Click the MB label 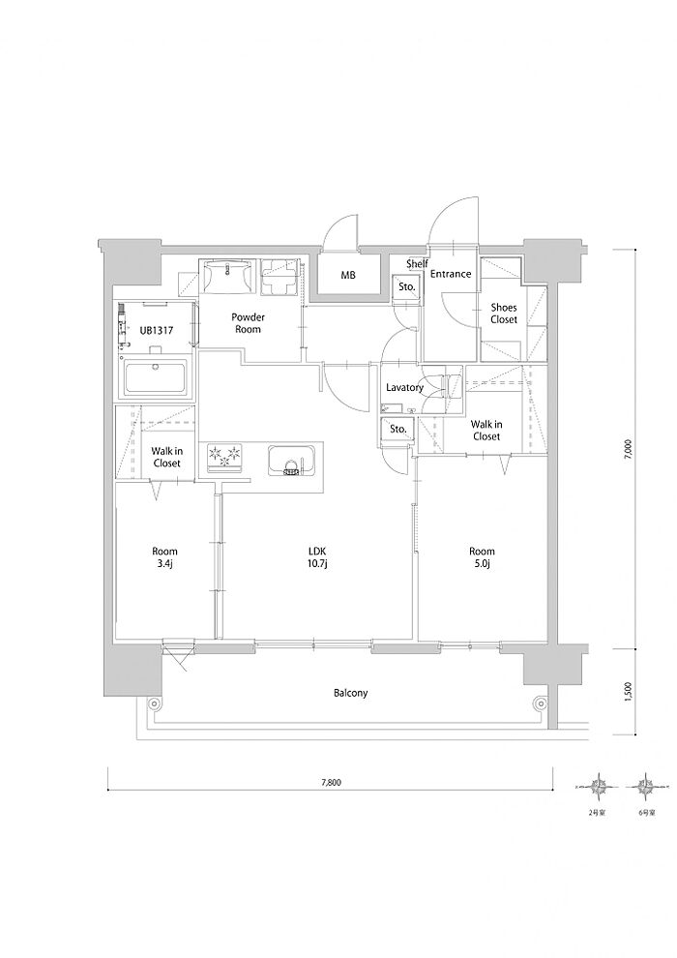click(x=348, y=275)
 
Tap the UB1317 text click(x=157, y=331)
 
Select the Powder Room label click(x=248, y=323)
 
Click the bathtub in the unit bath click(x=158, y=377)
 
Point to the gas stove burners click(x=225, y=458)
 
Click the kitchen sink click(x=291, y=460)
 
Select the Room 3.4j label click(x=164, y=556)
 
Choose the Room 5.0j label click(x=483, y=556)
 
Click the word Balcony click(x=350, y=693)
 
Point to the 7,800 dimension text click(x=330, y=782)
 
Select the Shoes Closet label click(x=504, y=314)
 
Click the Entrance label click(x=451, y=274)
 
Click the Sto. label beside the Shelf click(x=407, y=285)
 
